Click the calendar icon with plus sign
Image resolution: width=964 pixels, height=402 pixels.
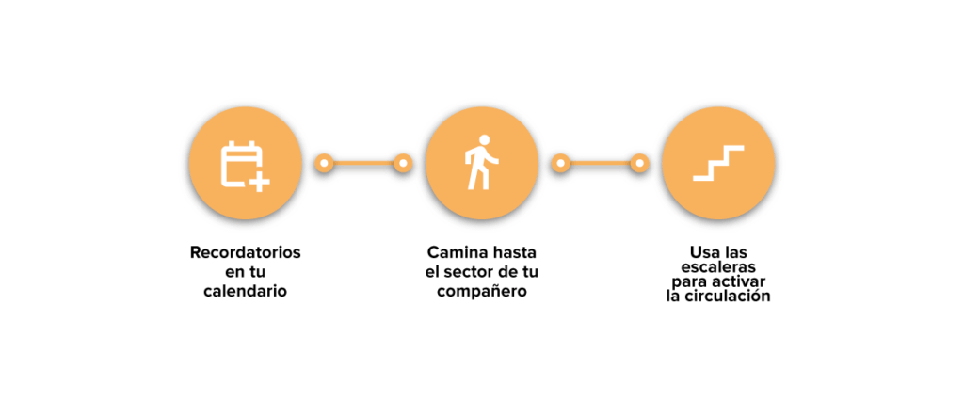244,165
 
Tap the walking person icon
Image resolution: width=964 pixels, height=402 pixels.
482,163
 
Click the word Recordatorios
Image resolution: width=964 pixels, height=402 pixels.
246,252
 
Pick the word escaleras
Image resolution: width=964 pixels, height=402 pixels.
718,267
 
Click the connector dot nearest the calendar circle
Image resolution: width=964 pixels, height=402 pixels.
324,164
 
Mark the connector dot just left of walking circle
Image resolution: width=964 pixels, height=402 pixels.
403,164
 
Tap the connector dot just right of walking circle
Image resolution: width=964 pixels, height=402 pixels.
561,164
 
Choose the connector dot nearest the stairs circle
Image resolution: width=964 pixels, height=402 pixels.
640,164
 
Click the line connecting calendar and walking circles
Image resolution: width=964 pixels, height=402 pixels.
363,164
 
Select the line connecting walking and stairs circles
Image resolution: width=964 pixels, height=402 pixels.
601,164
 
